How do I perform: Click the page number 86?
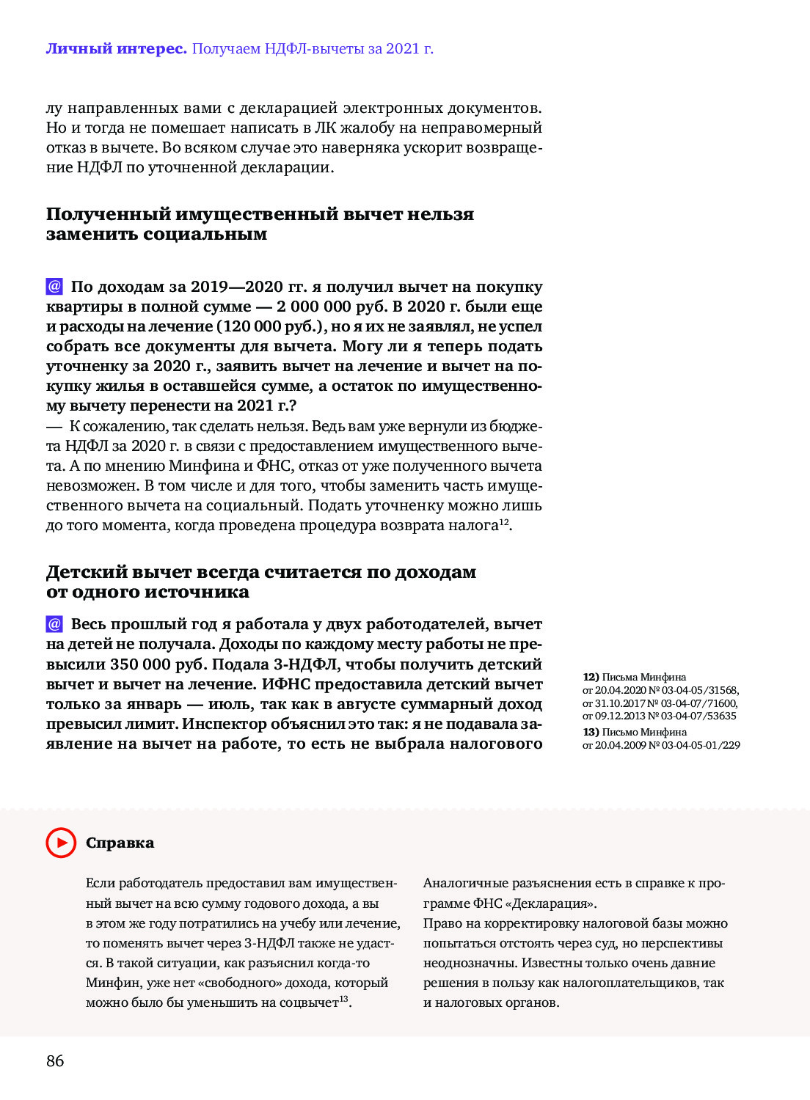coord(55,1060)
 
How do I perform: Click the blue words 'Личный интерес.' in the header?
coord(116,49)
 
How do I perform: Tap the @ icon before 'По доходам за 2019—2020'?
coord(54,286)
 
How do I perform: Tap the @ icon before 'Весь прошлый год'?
coord(54,624)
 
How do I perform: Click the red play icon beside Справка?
coord(61,843)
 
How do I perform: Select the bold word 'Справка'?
coord(120,843)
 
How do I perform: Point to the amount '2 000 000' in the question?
coord(312,307)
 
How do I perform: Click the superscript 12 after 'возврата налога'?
coord(504,521)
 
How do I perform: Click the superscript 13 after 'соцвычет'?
coord(343,999)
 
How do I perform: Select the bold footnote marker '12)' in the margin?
coord(591,677)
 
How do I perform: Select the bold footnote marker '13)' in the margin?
coord(591,732)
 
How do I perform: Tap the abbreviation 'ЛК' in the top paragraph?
coord(326,128)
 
